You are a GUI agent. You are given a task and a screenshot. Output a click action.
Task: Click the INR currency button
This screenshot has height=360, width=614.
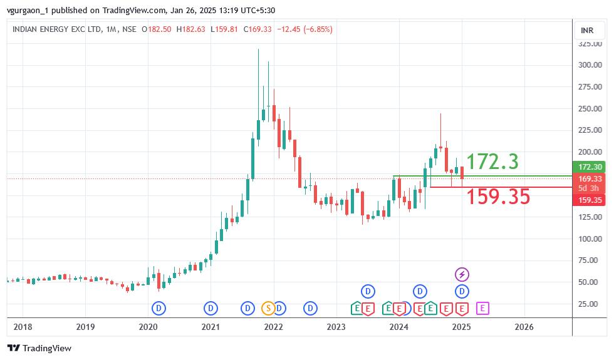[587, 30]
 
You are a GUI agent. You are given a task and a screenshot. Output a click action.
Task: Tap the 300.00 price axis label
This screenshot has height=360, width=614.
[590, 65]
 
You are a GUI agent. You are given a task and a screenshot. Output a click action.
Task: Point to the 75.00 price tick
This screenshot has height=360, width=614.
[590, 260]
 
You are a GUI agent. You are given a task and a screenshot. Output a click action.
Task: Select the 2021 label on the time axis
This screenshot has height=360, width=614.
[211, 327]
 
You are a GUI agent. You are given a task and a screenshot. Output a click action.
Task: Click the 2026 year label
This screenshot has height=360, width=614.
[524, 327]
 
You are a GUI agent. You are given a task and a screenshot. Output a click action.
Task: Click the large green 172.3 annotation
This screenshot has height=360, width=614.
[492, 162]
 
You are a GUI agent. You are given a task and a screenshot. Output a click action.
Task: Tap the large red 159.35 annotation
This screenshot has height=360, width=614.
[498, 197]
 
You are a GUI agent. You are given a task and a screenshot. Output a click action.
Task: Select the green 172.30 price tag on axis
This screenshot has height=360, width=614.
[590, 167]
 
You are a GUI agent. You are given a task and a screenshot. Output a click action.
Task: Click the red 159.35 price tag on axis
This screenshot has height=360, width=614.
[590, 200]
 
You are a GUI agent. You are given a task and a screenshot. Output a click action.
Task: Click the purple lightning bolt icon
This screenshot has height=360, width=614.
[462, 274]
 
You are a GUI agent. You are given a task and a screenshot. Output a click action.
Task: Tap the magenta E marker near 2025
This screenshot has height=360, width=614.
[483, 308]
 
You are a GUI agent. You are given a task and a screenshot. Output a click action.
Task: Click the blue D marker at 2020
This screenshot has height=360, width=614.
[159, 308]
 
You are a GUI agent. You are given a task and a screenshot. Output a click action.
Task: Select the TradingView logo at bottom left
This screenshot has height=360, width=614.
[39, 348]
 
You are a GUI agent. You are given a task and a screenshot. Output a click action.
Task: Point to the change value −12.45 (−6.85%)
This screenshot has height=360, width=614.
[305, 29]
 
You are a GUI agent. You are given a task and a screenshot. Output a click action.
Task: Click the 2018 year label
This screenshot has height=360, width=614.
[23, 327]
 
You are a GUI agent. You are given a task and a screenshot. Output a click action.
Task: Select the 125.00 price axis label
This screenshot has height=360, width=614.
[590, 217]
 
